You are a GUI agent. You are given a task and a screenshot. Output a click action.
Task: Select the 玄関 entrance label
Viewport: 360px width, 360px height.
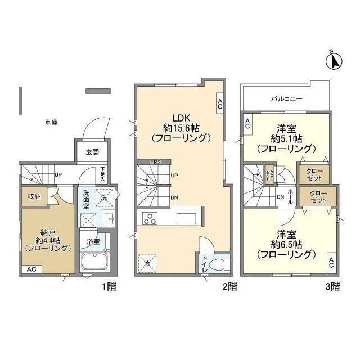pyautogui.click(x=92, y=152)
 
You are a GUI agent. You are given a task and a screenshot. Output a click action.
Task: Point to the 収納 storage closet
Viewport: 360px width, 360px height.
pyautogui.click(x=33, y=196)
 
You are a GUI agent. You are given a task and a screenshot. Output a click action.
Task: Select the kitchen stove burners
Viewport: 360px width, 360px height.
pyautogui.click(x=151, y=218)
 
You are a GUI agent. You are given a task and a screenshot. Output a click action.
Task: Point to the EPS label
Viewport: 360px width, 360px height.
pyautogui.click(x=155, y=163)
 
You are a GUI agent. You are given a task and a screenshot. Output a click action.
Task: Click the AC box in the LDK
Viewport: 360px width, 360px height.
pyautogui.click(x=219, y=103)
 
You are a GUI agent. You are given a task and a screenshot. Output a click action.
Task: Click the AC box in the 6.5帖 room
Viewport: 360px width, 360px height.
pyautogui.click(x=331, y=262)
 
